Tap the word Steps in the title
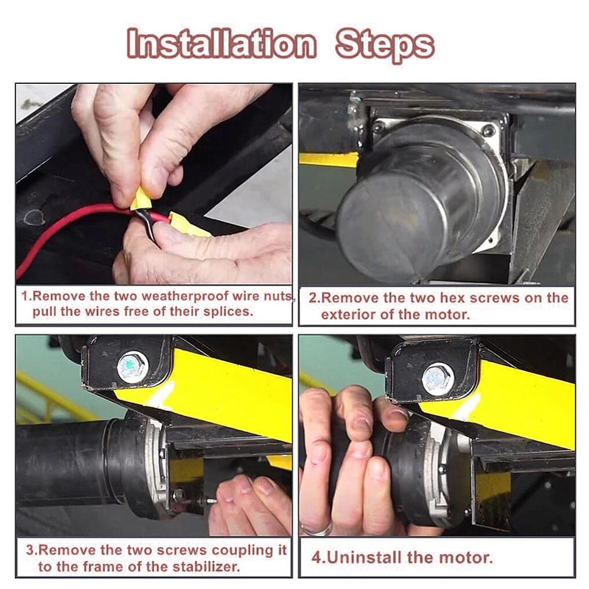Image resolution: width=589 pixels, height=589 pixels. tap(384, 45)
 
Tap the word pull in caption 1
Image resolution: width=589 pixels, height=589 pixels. tap(45, 311)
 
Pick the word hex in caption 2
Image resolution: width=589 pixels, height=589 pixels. tap(452, 298)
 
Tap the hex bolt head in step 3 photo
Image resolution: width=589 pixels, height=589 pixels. tap(133, 364)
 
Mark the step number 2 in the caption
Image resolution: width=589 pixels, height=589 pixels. tap(313, 298)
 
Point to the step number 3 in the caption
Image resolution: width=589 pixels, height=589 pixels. tap(29, 550)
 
